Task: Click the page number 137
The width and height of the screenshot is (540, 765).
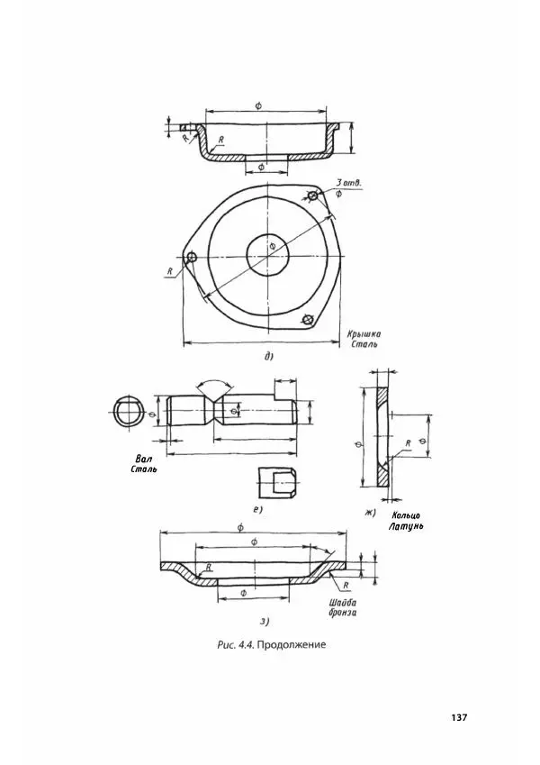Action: click(x=459, y=717)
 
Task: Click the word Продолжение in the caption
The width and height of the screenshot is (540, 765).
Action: click(x=291, y=645)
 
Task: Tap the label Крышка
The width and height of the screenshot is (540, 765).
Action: click(x=364, y=334)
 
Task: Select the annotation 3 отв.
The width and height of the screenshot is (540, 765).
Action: click(x=348, y=183)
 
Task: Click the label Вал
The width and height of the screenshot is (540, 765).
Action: click(x=143, y=460)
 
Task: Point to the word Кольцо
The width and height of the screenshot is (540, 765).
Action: click(x=405, y=516)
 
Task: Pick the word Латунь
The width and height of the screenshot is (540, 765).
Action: click(x=406, y=527)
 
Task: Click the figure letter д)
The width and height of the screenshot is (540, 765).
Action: click(x=268, y=357)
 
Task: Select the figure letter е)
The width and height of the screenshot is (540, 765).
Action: click(x=257, y=510)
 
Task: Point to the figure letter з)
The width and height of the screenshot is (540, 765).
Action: click(x=265, y=622)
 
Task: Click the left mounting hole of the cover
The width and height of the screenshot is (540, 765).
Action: click(x=192, y=257)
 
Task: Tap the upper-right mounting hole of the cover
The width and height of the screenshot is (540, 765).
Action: click(x=312, y=196)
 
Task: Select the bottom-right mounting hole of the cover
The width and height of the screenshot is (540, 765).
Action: click(x=307, y=319)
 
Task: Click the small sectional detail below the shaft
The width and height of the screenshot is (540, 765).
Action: click(x=276, y=482)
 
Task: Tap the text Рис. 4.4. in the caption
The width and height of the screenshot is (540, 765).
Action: click(x=236, y=645)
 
